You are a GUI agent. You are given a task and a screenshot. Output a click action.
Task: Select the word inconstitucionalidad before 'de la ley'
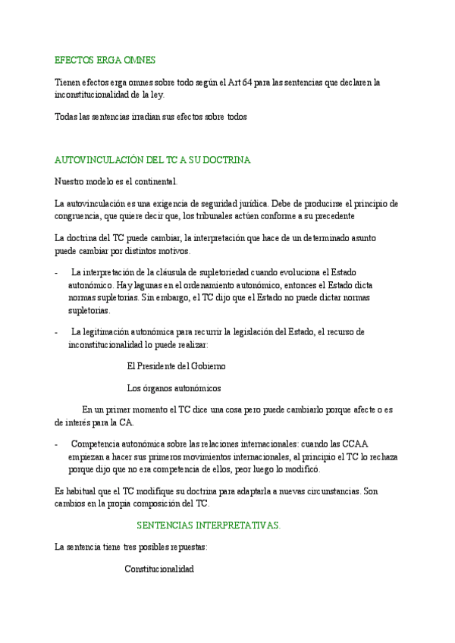click(86, 95)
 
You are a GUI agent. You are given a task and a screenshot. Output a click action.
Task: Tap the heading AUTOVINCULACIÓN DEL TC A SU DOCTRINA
click(152, 161)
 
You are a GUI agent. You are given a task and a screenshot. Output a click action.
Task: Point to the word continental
click(155, 182)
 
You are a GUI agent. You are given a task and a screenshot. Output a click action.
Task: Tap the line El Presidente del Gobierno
click(176, 366)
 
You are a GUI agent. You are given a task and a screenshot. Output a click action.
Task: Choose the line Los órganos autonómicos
click(174, 388)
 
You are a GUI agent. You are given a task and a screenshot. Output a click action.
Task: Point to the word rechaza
click(381, 457)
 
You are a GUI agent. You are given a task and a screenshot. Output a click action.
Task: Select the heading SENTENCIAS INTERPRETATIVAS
click(209, 525)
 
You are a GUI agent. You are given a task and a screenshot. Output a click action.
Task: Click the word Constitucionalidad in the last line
click(159, 569)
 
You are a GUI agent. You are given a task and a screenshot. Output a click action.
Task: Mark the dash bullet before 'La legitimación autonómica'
click(58, 332)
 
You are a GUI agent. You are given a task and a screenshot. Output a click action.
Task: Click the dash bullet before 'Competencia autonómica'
click(58, 444)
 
